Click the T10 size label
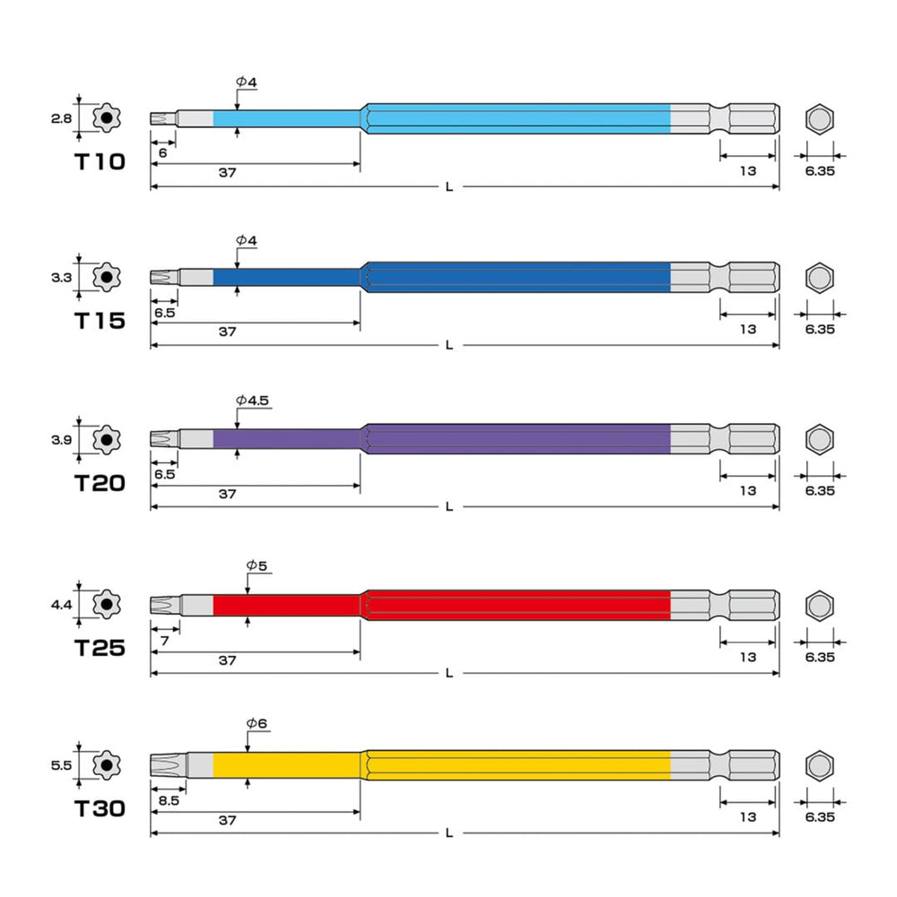click(x=100, y=162)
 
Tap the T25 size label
click(x=100, y=648)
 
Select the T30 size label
click(x=100, y=808)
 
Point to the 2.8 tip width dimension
click(x=61, y=118)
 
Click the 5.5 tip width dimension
click(x=61, y=765)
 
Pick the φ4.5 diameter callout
click(x=252, y=400)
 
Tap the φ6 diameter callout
click(x=257, y=723)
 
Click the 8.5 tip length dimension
click(x=169, y=800)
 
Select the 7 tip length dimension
click(x=165, y=641)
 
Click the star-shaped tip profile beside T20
click(x=107, y=440)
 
